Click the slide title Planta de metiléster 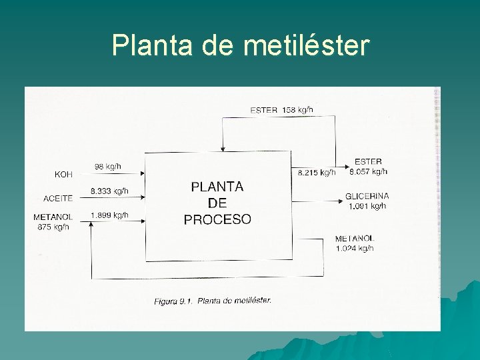point(240,45)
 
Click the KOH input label point(63,175)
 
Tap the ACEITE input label point(58,199)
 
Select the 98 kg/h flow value point(108,166)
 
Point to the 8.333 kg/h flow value point(110,191)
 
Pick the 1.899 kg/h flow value point(110,215)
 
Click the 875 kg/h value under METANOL point(53,227)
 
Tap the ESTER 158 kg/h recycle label point(281,110)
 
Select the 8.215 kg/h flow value point(316,173)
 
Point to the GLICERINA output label point(367,197)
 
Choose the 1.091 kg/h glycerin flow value point(367,207)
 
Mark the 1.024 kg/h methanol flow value point(355,249)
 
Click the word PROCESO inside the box point(217,219)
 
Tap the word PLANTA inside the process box point(217,187)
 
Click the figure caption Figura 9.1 point(213,301)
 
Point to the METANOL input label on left point(53,217)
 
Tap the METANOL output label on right point(355,239)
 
